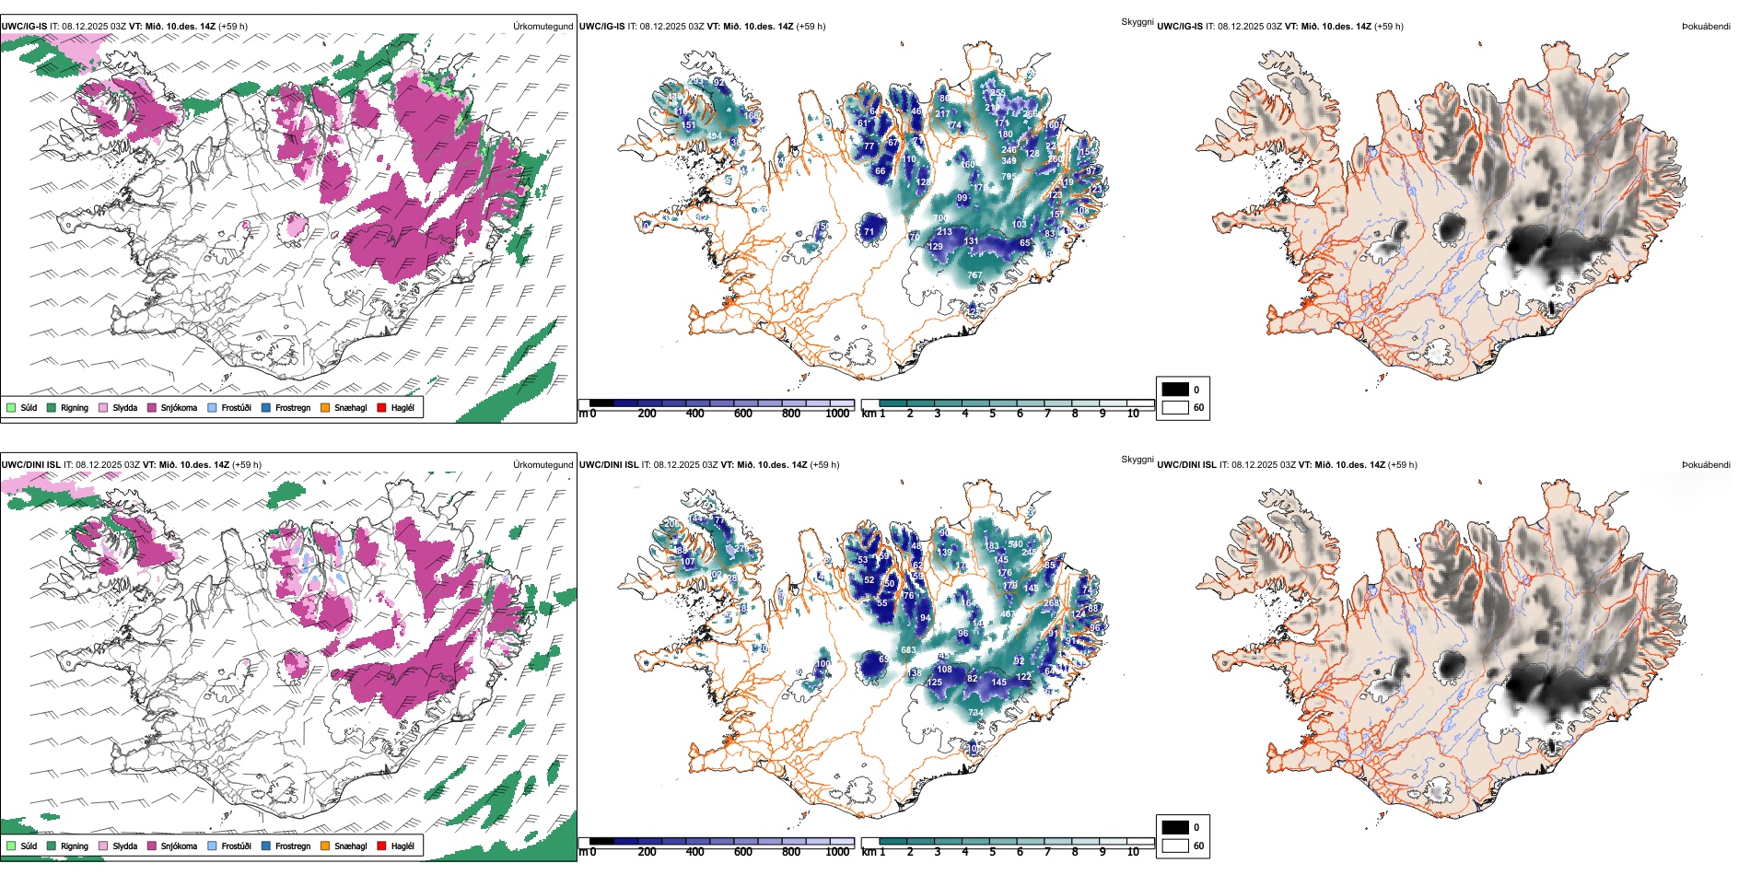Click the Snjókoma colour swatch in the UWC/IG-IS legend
coord(152,407)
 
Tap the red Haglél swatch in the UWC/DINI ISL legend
coord(382,846)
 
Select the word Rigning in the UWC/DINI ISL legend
coord(75,846)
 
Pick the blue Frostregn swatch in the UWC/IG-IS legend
coord(266,407)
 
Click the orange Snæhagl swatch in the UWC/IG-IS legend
coord(325,407)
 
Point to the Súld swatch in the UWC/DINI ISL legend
coord(11,846)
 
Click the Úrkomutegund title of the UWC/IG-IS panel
coord(542,27)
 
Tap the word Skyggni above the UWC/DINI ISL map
coord(1137,459)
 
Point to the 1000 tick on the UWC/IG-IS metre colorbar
coord(837,414)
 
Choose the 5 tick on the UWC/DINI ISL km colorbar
coord(992,852)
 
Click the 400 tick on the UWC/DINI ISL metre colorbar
coord(694,852)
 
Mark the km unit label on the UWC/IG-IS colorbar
coord(869,414)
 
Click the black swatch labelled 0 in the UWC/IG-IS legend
coord(1175,390)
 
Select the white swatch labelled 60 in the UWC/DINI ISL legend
coord(1175,846)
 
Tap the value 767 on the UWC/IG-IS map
coord(974,275)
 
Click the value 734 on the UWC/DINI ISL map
coord(974,713)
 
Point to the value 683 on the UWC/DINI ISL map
coord(908,650)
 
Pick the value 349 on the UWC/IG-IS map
coord(1009,161)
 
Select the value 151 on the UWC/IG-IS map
coord(688,125)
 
